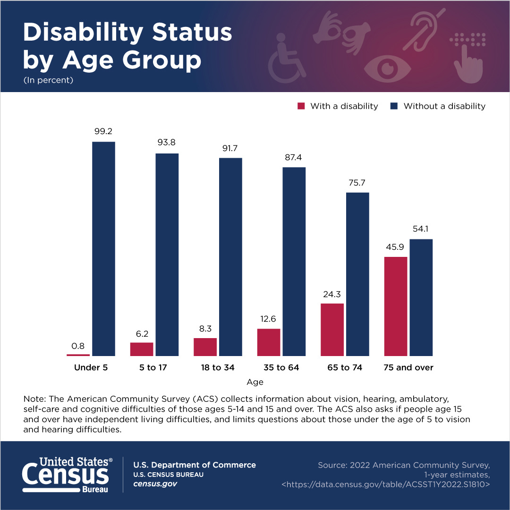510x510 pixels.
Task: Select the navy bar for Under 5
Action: point(103,248)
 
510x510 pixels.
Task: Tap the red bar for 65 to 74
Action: point(332,329)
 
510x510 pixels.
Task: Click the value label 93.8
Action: point(167,142)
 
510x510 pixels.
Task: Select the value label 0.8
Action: point(78,345)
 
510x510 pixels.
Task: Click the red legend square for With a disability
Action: point(301,106)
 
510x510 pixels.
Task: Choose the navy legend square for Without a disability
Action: point(394,106)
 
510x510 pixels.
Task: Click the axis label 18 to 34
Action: point(218,367)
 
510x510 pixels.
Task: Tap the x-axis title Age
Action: point(255,382)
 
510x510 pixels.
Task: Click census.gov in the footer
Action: point(155,484)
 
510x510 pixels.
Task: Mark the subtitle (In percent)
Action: point(48,80)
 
